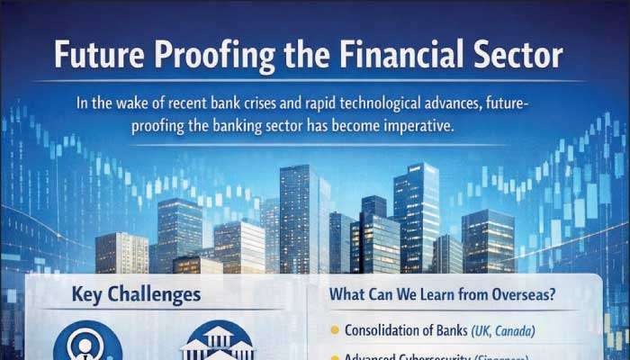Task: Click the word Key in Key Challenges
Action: [x=90, y=294]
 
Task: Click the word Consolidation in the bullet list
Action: [x=388, y=329]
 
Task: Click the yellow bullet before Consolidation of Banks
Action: [x=335, y=329]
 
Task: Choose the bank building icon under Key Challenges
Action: [x=219, y=346]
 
